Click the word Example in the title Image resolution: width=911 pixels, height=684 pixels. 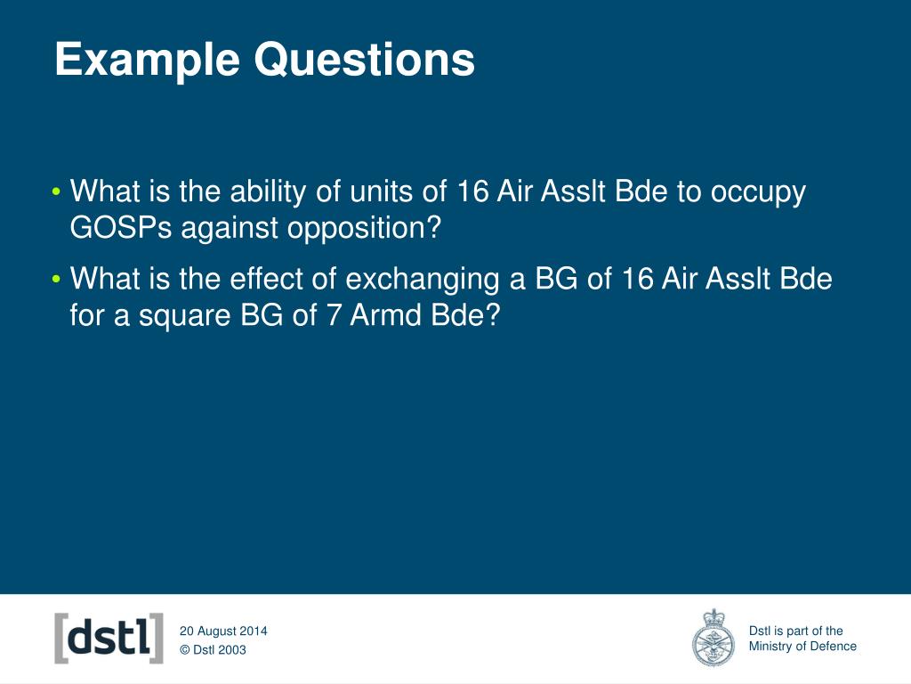(147, 61)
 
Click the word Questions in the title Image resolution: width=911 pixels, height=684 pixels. (365, 59)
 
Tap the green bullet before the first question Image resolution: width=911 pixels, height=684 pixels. (56, 191)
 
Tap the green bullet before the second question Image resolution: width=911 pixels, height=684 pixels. (56, 279)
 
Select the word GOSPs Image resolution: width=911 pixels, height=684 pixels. (121, 227)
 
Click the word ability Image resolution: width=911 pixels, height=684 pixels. (268, 192)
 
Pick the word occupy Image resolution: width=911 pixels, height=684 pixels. (758, 193)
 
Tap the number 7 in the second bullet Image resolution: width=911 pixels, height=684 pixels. (334, 315)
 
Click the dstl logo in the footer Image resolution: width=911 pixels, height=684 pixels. (109, 638)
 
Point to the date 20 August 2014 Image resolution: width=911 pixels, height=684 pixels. (223, 631)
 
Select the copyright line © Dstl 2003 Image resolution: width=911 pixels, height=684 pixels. (213, 649)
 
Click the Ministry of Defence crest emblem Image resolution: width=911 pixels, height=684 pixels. (713, 638)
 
